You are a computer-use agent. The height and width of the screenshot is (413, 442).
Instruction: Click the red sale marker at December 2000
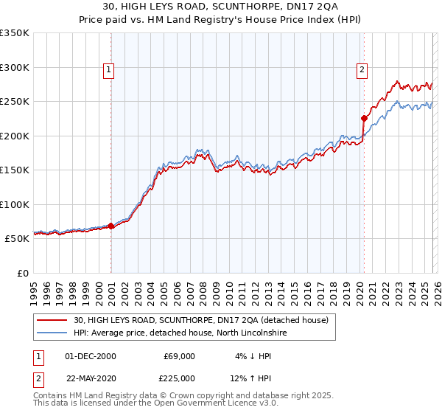pyautogui.click(x=111, y=226)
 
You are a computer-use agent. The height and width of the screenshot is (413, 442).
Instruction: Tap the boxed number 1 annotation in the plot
pyautogui.click(x=108, y=71)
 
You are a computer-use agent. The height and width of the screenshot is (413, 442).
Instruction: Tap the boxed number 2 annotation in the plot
pyautogui.click(x=362, y=71)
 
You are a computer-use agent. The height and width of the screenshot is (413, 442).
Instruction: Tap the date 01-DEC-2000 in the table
pyautogui.click(x=90, y=356)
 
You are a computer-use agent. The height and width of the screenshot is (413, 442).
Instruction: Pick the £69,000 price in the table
pyautogui.click(x=179, y=356)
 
